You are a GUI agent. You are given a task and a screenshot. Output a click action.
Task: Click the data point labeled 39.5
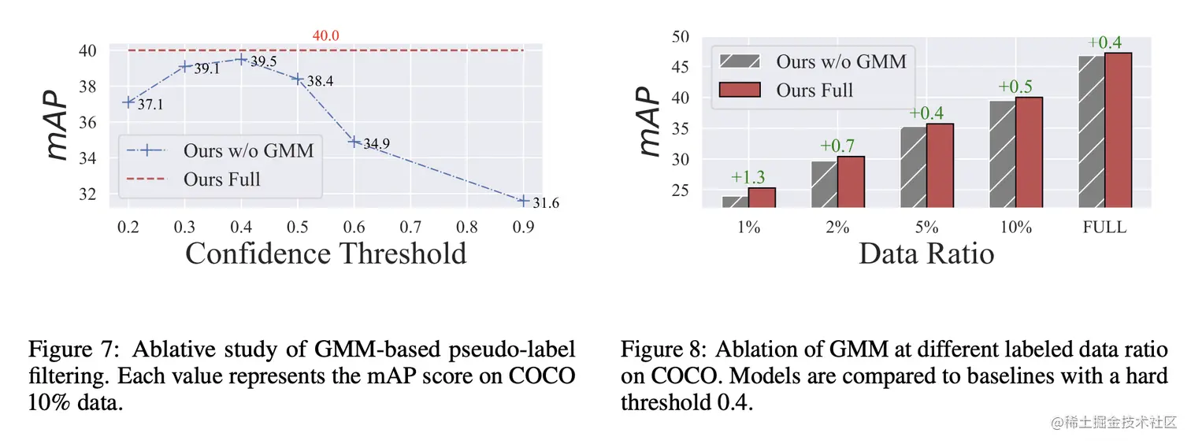(x=242, y=59)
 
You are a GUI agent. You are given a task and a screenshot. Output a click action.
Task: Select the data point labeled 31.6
(x=523, y=201)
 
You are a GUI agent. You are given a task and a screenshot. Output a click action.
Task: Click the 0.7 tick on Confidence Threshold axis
(x=410, y=227)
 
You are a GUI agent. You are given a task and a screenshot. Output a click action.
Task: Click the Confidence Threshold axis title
(x=325, y=254)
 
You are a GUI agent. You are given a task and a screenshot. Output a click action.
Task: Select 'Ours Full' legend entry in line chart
(x=222, y=179)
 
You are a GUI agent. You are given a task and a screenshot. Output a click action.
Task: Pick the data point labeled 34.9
(x=354, y=142)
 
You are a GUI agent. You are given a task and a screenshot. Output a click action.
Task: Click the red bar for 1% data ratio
(x=762, y=198)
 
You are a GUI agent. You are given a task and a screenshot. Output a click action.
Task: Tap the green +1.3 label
(x=749, y=177)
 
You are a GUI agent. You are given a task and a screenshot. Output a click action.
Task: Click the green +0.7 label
(x=837, y=146)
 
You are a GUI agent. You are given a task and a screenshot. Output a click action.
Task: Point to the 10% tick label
(x=1015, y=227)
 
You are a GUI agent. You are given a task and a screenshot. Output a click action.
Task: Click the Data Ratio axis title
(x=926, y=253)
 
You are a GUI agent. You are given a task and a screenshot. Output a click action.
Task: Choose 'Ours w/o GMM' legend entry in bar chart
(x=841, y=61)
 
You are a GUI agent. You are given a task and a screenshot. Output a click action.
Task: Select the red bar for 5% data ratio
(x=940, y=165)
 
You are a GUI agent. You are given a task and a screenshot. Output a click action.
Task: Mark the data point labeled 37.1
(x=129, y=102)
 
